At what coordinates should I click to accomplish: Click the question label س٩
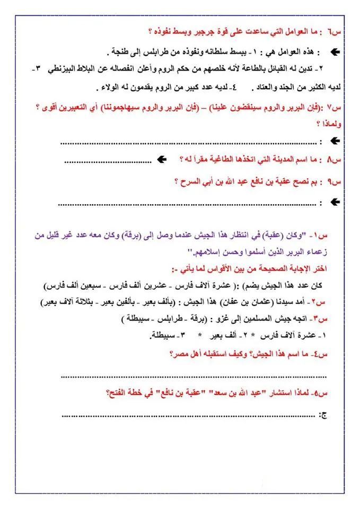337,182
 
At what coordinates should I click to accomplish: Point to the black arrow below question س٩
335,202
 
